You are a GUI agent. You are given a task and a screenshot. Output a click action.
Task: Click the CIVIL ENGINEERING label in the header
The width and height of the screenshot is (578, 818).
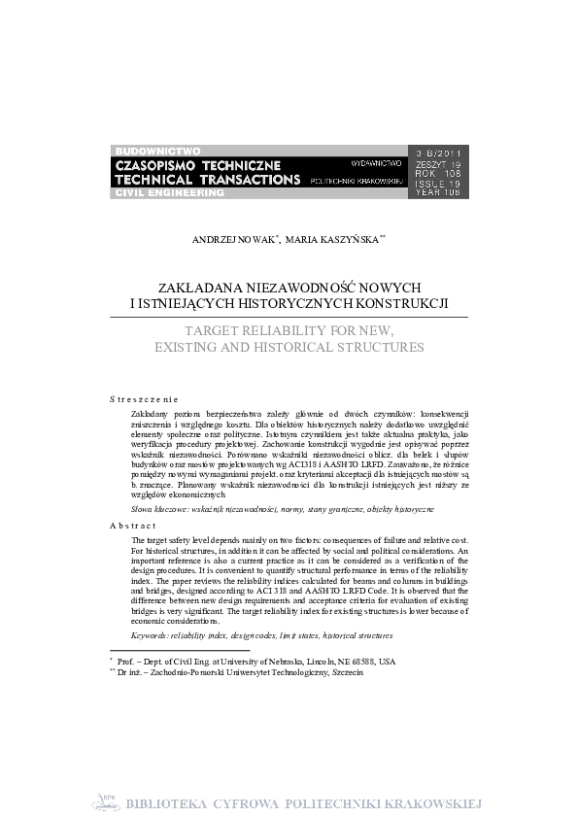170,193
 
